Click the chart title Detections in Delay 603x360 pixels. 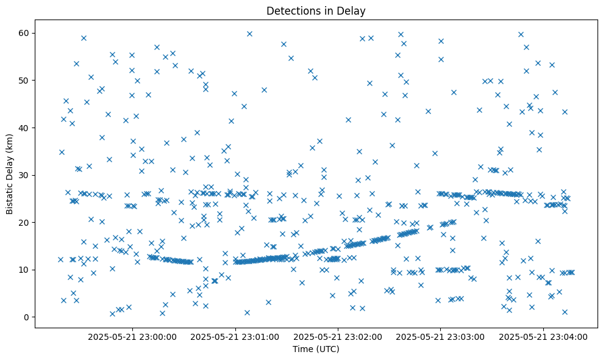tap(316, 10)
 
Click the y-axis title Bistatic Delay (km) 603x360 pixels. tap(10, 174)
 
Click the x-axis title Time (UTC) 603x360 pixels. tap(316, 350)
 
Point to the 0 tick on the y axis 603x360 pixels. tap(27, 317)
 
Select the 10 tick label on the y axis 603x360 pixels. tap(24, 270)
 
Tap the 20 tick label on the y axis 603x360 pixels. tap(24, 223)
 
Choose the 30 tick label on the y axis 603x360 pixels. tap(24, 175)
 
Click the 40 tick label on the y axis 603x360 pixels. tap(24, 128)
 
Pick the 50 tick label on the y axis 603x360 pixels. tap(24, 81)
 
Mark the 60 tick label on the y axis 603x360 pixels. tap(24, 33)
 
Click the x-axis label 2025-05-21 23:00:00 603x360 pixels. tap(132, 336)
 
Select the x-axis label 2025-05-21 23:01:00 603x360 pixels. tap(235, 336)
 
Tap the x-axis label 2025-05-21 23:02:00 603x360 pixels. tap(338, 336)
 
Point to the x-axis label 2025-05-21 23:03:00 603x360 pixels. tap(441, 336)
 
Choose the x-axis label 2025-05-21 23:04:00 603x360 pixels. tap(543, 336)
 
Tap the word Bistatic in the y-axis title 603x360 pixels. tap(10, 196)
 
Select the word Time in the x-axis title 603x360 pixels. tap(302, 350)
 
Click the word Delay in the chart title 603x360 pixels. tap(353, 10)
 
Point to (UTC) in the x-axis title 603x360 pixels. tap(327, 350)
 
